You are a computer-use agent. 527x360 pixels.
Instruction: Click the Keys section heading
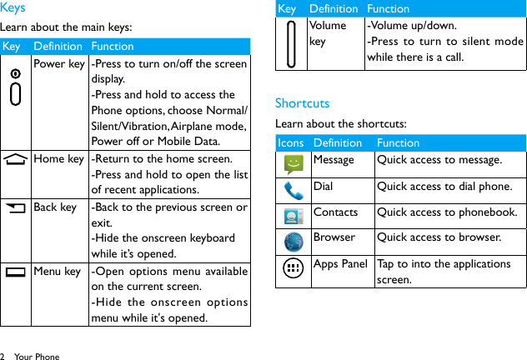(13, 8)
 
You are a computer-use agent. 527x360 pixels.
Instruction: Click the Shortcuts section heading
(302, 103)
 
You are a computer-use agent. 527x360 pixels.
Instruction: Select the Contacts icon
(293, 217)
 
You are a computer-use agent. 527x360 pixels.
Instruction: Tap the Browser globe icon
(293, 242)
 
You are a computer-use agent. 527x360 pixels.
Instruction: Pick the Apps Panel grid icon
(293, 268)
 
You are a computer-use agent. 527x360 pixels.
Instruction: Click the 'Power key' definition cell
(58, 64)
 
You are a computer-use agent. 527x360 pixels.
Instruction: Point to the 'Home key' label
(58, 159)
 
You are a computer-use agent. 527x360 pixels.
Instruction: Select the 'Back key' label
(55, 207)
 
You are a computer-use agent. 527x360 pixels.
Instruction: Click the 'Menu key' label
(57, 272)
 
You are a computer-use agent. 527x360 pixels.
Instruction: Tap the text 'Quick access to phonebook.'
(447, 212)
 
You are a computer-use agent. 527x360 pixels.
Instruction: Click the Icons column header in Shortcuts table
(290, 143)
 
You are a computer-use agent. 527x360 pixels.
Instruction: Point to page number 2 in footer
(3, 357)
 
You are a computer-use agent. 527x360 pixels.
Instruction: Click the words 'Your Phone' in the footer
(38, 357)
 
